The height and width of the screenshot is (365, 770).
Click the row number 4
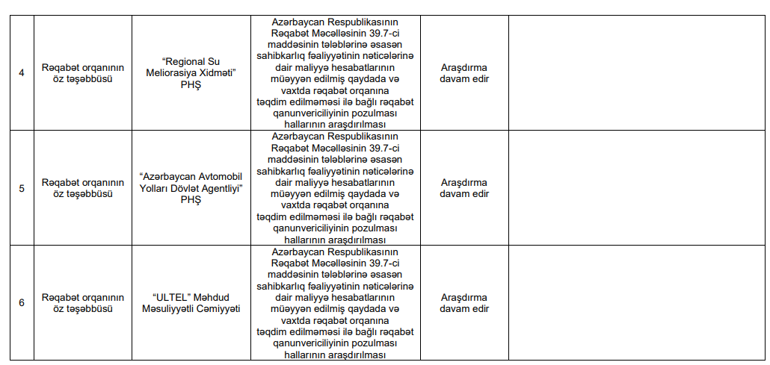pos(22,73)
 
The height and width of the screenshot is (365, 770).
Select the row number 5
pos(22,188)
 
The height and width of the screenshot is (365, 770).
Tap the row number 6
pos(22,302)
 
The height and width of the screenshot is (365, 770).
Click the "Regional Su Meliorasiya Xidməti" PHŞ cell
pos(192,73)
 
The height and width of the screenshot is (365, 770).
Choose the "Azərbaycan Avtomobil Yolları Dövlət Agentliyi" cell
pos(192,188)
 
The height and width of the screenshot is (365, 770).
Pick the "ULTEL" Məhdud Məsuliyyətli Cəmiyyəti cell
pos(192,302)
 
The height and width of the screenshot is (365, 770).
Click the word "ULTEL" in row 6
pos(167,297)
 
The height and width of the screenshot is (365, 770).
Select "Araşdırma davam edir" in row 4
pos(464,73)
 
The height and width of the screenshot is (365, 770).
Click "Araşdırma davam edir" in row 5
pos(464,188)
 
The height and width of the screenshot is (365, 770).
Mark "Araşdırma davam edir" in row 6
pos(464,302)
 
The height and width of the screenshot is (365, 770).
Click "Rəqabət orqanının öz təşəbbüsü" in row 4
pos(83,73)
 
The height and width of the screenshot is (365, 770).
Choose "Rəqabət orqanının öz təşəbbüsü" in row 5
pos(83,188)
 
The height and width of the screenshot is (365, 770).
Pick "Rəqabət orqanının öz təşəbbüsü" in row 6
pos(83,302)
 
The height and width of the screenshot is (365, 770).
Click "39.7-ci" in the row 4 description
pos(386,34)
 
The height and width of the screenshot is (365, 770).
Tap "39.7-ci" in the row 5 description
pos(386,149)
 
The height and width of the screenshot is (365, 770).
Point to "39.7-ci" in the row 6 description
pos(386,263)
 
